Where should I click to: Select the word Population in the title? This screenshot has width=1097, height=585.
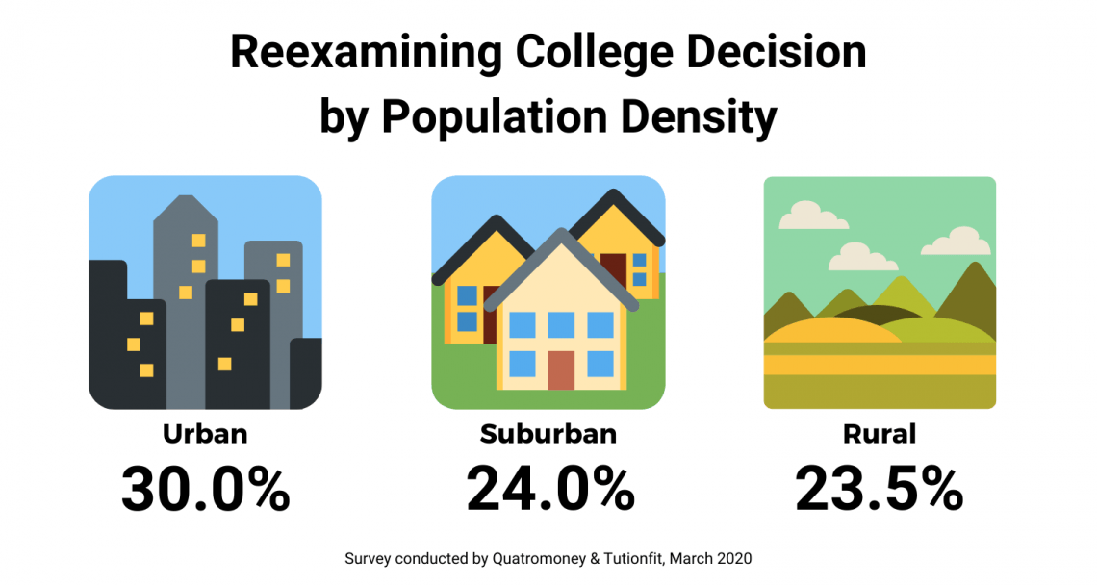495,117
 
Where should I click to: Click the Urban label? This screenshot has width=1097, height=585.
205,435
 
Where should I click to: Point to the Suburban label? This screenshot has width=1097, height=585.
548,435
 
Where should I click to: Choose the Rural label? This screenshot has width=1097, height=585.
880,435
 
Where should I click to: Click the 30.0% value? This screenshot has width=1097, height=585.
205,490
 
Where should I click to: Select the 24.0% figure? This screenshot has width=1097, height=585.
548,490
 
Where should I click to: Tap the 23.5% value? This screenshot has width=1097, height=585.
880,490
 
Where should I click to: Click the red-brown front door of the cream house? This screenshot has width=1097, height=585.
561,370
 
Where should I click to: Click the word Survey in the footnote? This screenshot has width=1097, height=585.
366,559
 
